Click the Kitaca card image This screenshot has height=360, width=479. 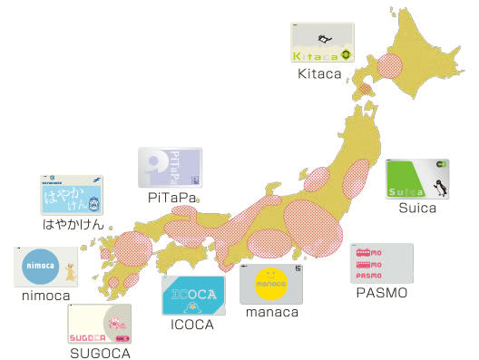[320, 43]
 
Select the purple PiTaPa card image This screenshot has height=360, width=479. [170, 168]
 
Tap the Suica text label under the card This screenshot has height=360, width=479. [417, 208]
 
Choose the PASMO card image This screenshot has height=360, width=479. [381, 263]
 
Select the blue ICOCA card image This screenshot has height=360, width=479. [192, 295]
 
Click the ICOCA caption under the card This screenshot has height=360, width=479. [191, 324]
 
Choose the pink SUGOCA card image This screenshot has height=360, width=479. [100, 324]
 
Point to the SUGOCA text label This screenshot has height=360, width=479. [100, 353]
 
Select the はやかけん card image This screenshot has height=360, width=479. [71, 195]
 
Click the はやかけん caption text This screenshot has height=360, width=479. [73, 224]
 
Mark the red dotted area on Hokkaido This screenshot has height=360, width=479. [392, 65]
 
